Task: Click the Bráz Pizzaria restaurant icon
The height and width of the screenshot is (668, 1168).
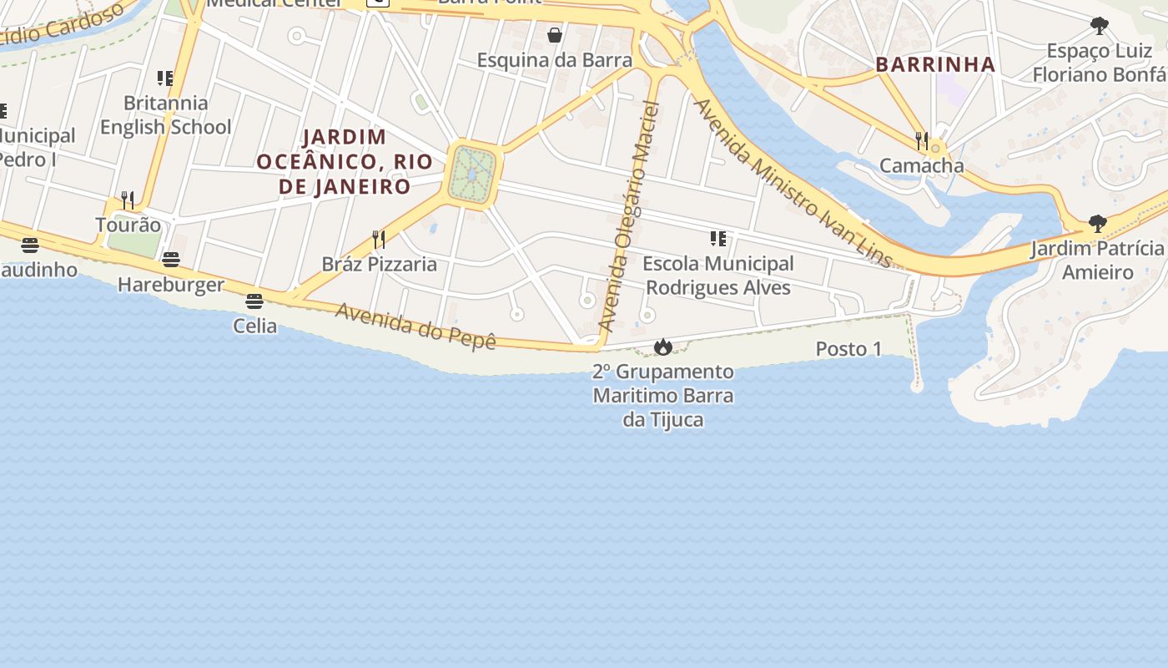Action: [x=379, y=240]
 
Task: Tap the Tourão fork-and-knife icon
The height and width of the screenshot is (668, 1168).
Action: [x=128, y=200]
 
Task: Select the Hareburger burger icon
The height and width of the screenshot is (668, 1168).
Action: [x=171, y=260]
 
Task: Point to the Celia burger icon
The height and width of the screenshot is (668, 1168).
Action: [x=254, y=301]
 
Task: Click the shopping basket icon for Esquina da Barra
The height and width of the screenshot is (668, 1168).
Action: [x=554, y=35]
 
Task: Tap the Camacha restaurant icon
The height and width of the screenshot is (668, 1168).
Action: [x=922, y=140]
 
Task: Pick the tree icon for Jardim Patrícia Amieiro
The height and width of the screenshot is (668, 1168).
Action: [x=1098, y=224]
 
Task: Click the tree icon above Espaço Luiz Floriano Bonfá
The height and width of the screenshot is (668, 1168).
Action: [x=1100, y=26]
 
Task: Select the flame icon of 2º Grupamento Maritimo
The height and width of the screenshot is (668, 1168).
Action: [x=663, y=347]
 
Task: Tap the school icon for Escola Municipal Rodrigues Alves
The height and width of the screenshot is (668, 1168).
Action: [x=718, y=239]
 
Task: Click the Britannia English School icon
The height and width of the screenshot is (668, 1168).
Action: [x=165, y=78]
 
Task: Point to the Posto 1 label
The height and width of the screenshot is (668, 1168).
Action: [x=848, y=349]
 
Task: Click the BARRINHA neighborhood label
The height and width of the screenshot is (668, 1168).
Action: [x=935, y=64]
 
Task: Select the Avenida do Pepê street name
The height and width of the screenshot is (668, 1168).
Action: [x=415, y=326]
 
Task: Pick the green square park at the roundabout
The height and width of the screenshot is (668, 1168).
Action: [x=473, y=175]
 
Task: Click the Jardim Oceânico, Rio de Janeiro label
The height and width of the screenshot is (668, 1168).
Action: [x=345, y=161]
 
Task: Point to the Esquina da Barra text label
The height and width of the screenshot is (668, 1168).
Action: [x=554, y=60]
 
